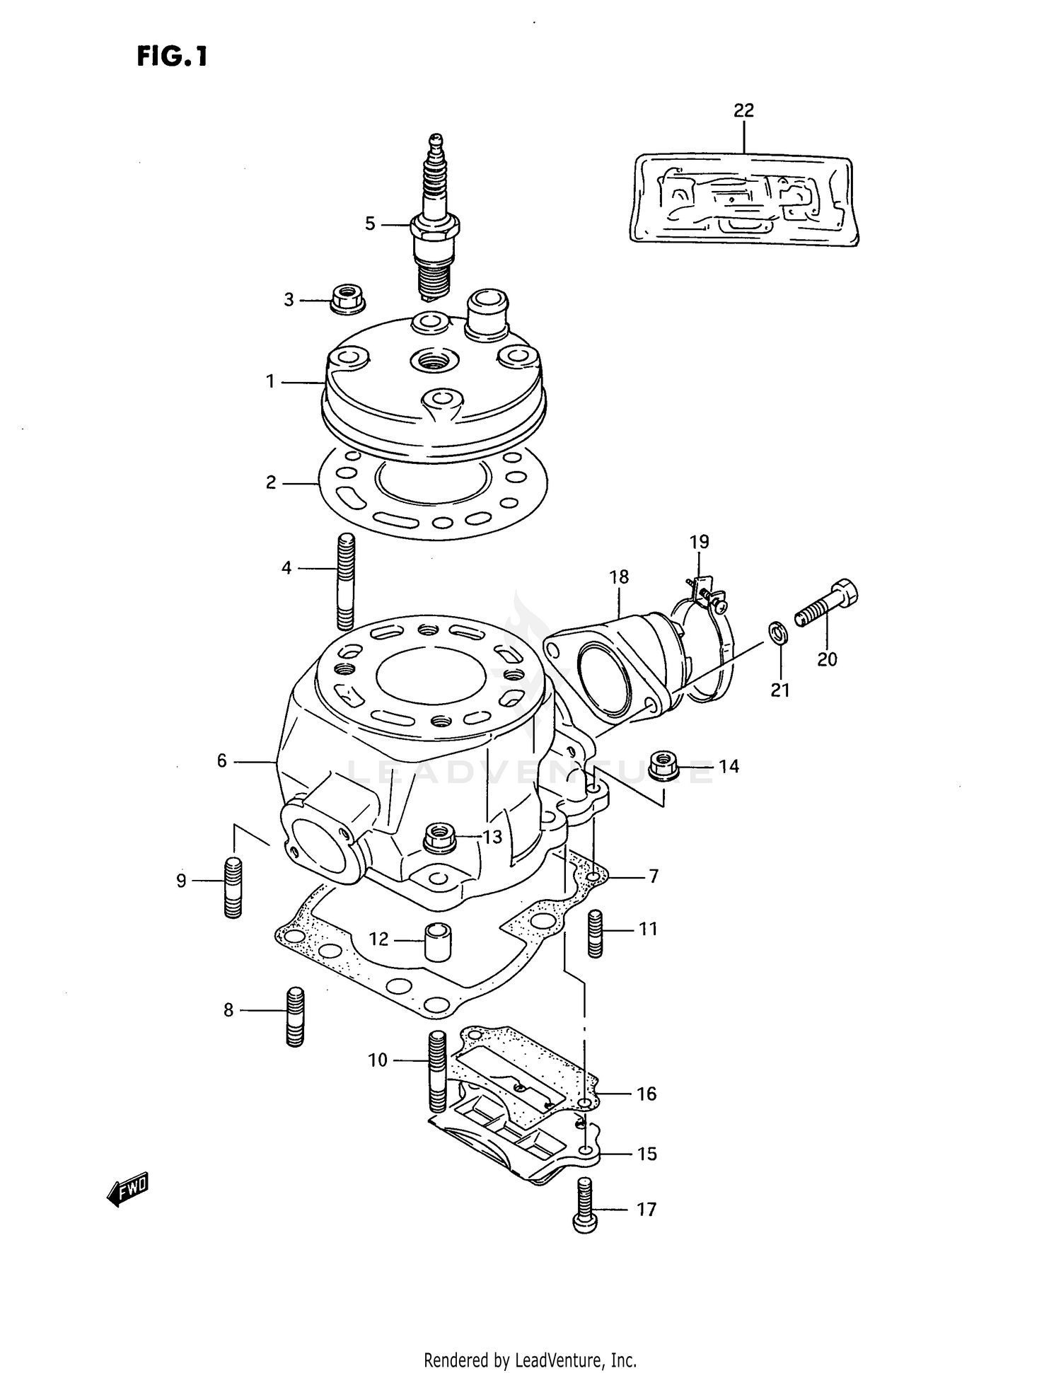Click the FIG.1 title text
[173, 56]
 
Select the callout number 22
[743, 110]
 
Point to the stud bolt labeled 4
[346, 581]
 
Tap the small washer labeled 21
[777, 632]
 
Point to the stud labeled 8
[295, 1016]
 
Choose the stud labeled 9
[233, 887]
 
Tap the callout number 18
[618, 577]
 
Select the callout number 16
[647, 1094]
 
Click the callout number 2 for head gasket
[271, 483]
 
